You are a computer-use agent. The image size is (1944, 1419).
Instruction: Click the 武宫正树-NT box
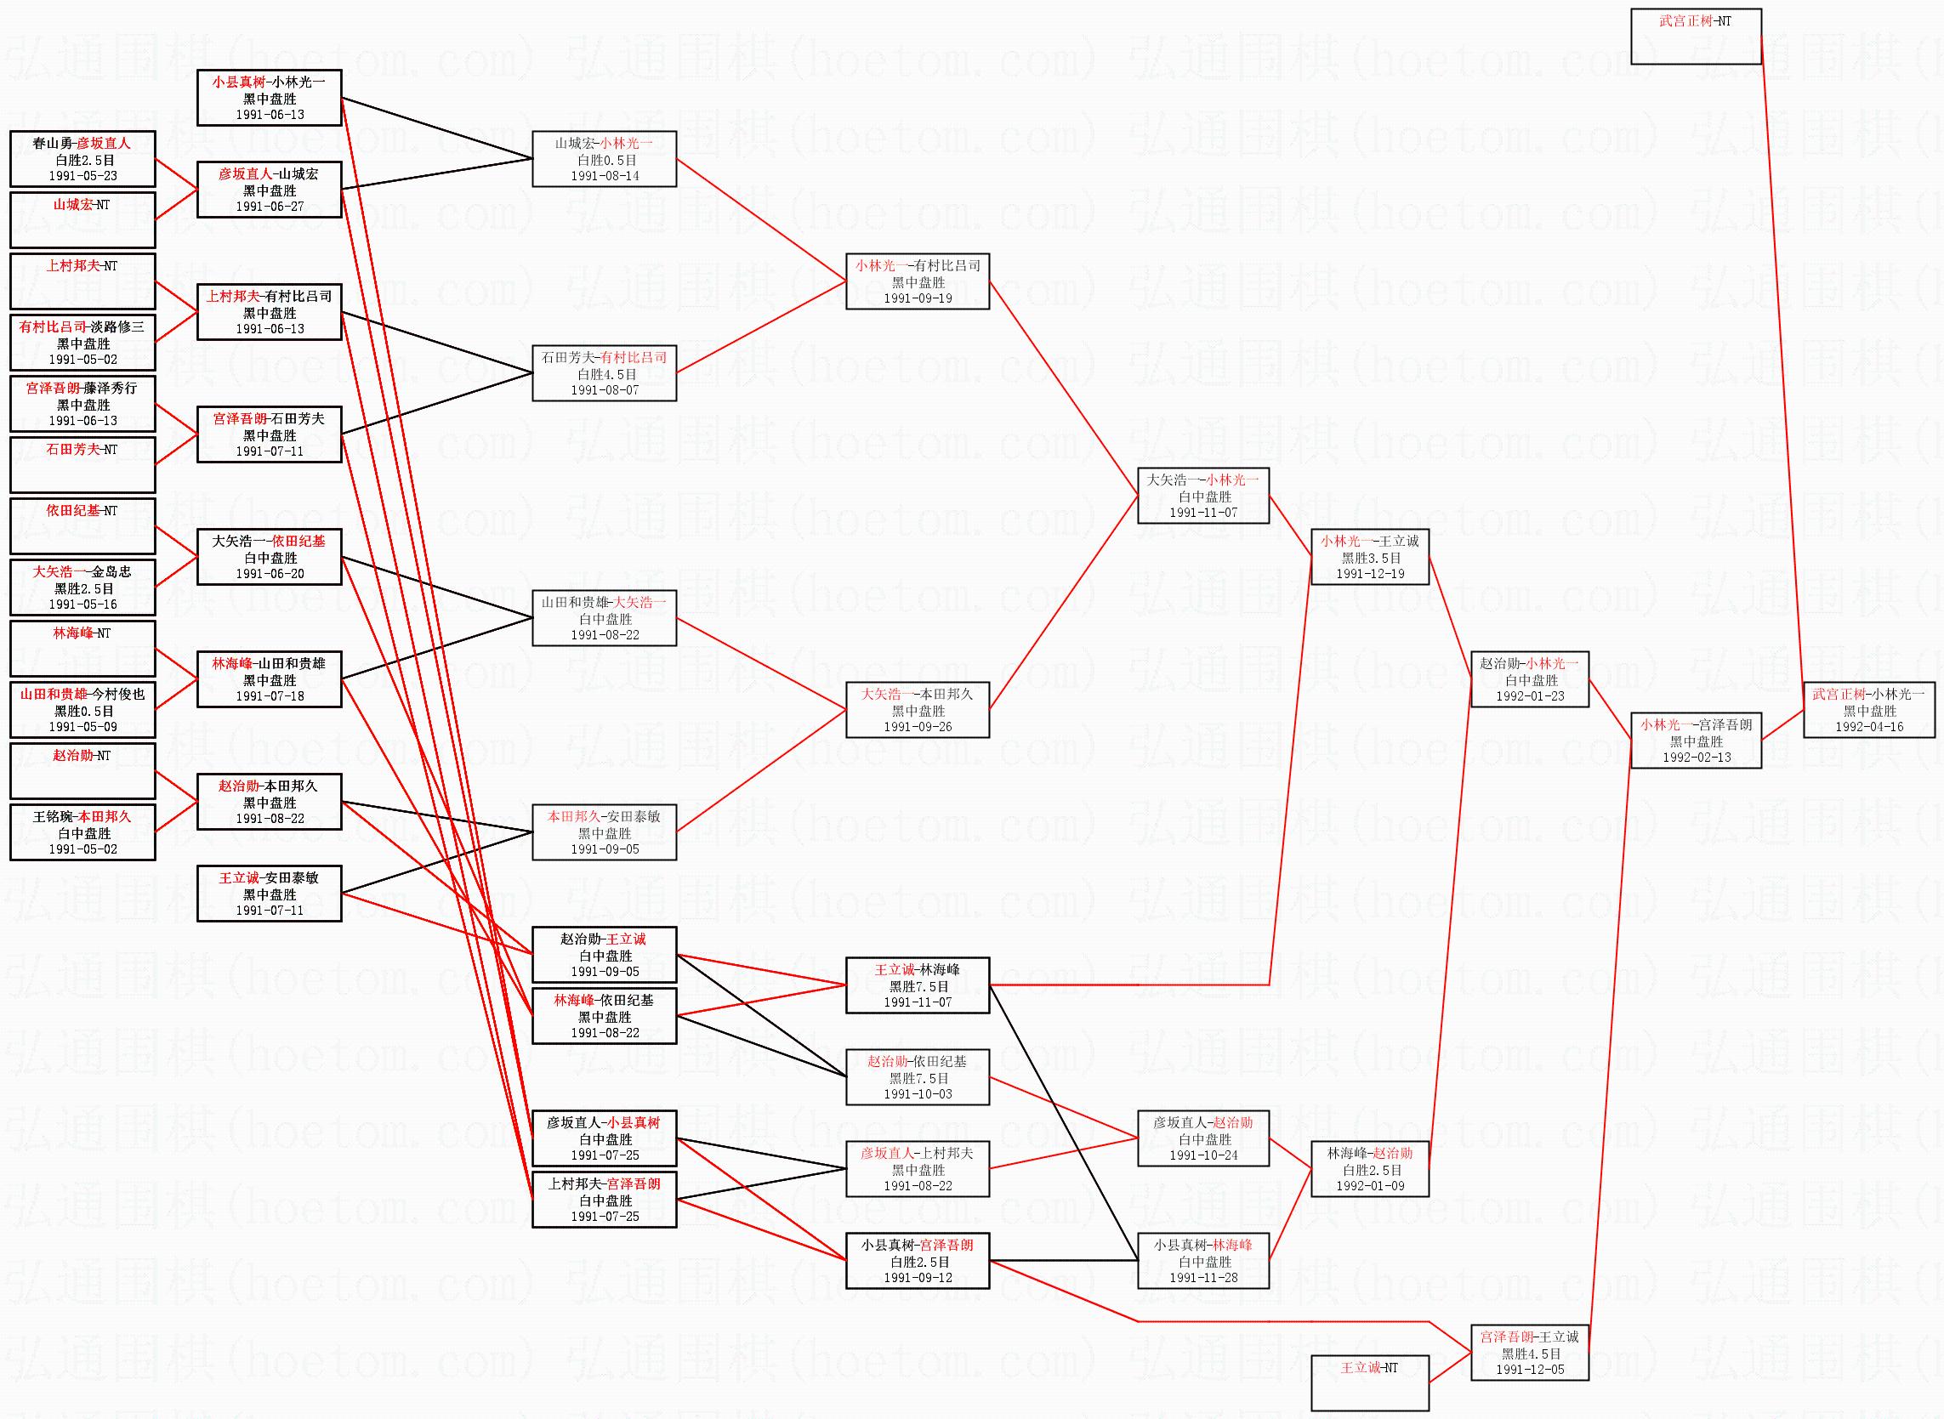click(x=1696, y=36)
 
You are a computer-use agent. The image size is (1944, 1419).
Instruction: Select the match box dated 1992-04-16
click(x=1869, y=711)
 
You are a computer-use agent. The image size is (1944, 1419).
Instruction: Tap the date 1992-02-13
click(x=1697, y=758)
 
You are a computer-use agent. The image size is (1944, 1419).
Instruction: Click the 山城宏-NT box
click(x=82, y=219)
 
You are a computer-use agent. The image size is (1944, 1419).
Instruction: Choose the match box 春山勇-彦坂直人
click(x=82, y=159)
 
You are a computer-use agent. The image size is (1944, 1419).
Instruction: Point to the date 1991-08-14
click(x=604, y=176)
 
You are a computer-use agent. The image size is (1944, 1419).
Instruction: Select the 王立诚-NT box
click(x=1370, y=1383)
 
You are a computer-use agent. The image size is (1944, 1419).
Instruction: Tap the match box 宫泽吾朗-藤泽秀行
click(x=82, y=404)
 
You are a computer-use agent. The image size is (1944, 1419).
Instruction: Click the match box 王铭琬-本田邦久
click(x=82, y=832)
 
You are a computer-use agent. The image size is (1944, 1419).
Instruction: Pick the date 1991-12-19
click(x=1370, y=574)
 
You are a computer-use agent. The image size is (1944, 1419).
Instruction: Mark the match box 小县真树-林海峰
click(x=1202, y=1261)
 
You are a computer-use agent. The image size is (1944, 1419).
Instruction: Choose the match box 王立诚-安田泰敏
click(x=269, y=894)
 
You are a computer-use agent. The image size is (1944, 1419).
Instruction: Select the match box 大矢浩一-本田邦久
click(x=918, y=709)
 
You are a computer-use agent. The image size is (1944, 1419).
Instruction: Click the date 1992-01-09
click(x=1370, y=1186)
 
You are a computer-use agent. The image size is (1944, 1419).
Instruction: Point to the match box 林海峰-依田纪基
click(x=604, y=1016)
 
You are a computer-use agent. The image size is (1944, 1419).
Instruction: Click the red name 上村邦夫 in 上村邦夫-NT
click(x=72, y=266)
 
